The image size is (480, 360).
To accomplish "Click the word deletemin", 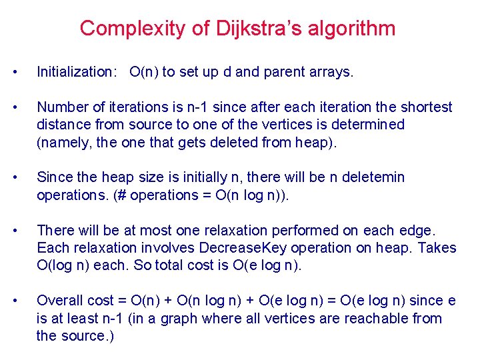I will (x=373, y=177).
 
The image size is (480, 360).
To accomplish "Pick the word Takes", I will (x=436, y=248).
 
